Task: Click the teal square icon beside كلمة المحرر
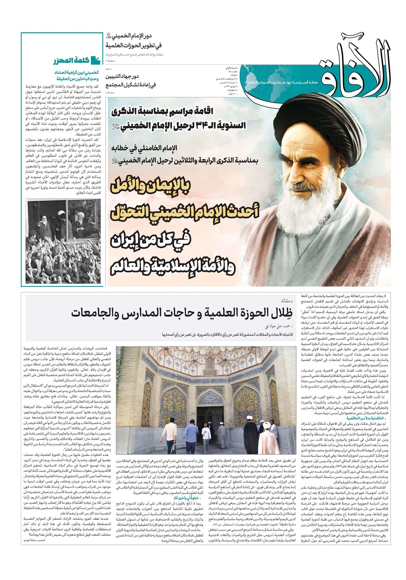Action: tap(95, 61)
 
